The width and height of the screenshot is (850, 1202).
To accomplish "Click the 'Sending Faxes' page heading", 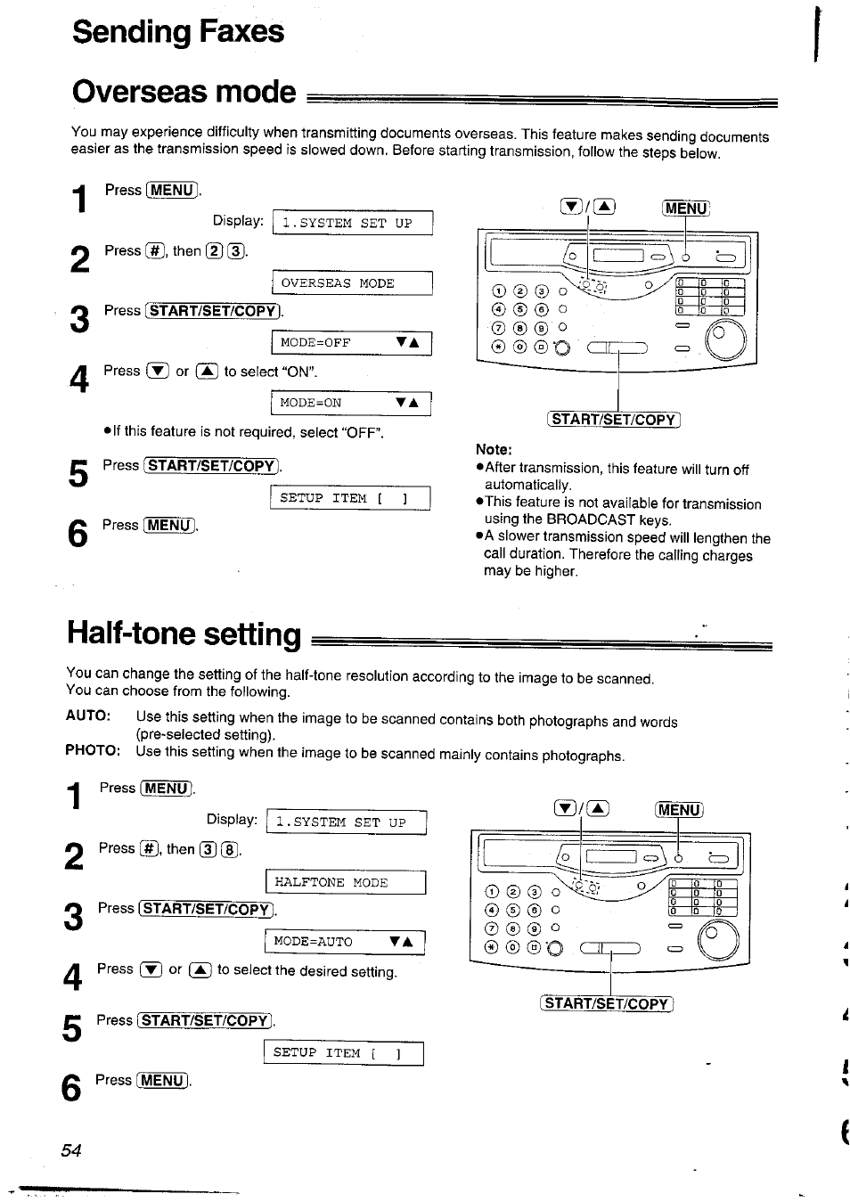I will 178,32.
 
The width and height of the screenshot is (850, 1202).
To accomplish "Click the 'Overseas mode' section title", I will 184,92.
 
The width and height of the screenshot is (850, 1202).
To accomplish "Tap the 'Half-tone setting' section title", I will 184,634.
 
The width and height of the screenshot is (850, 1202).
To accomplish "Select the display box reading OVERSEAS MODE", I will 352,283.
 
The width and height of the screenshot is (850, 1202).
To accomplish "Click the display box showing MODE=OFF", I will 351,343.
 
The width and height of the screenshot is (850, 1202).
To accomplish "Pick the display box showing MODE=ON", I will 351,403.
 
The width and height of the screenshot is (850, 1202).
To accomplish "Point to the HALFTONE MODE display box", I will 346,882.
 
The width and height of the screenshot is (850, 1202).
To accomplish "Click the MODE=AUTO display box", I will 345,942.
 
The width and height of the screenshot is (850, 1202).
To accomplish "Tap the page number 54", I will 71,1150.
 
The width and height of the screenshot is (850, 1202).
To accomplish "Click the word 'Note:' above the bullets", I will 494,449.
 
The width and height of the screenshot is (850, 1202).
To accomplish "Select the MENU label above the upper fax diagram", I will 685,209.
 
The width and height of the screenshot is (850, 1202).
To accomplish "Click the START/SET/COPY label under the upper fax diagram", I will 613,420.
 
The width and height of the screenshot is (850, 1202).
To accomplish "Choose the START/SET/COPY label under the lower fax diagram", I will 607,1003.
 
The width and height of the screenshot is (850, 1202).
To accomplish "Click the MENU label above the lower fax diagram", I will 679,810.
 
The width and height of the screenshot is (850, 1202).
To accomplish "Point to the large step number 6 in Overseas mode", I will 78,534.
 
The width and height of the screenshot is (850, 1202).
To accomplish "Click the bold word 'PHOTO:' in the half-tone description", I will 93,750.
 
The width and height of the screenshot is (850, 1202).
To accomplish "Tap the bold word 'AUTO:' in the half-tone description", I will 87,716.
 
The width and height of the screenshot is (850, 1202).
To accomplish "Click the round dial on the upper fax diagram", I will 725,339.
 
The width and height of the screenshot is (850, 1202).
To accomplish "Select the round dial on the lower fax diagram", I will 718,940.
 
